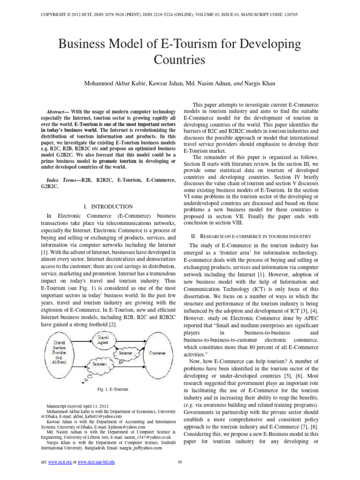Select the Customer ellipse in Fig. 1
pos(157,352)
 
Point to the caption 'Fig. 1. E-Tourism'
pos(112,389)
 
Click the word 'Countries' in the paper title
pos(180,60)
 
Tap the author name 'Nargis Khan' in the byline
pos(261,83)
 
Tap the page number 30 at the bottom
pos(180,462)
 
